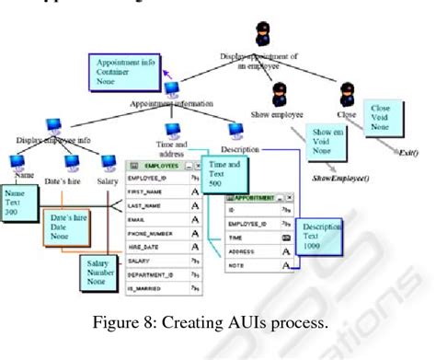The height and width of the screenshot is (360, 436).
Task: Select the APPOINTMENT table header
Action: pos(258,198)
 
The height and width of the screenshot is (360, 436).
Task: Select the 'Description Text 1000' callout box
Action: pos(323,237)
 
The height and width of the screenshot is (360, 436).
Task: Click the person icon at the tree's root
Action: pos(262,32)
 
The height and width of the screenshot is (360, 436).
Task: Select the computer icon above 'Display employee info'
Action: pos(55,122)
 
